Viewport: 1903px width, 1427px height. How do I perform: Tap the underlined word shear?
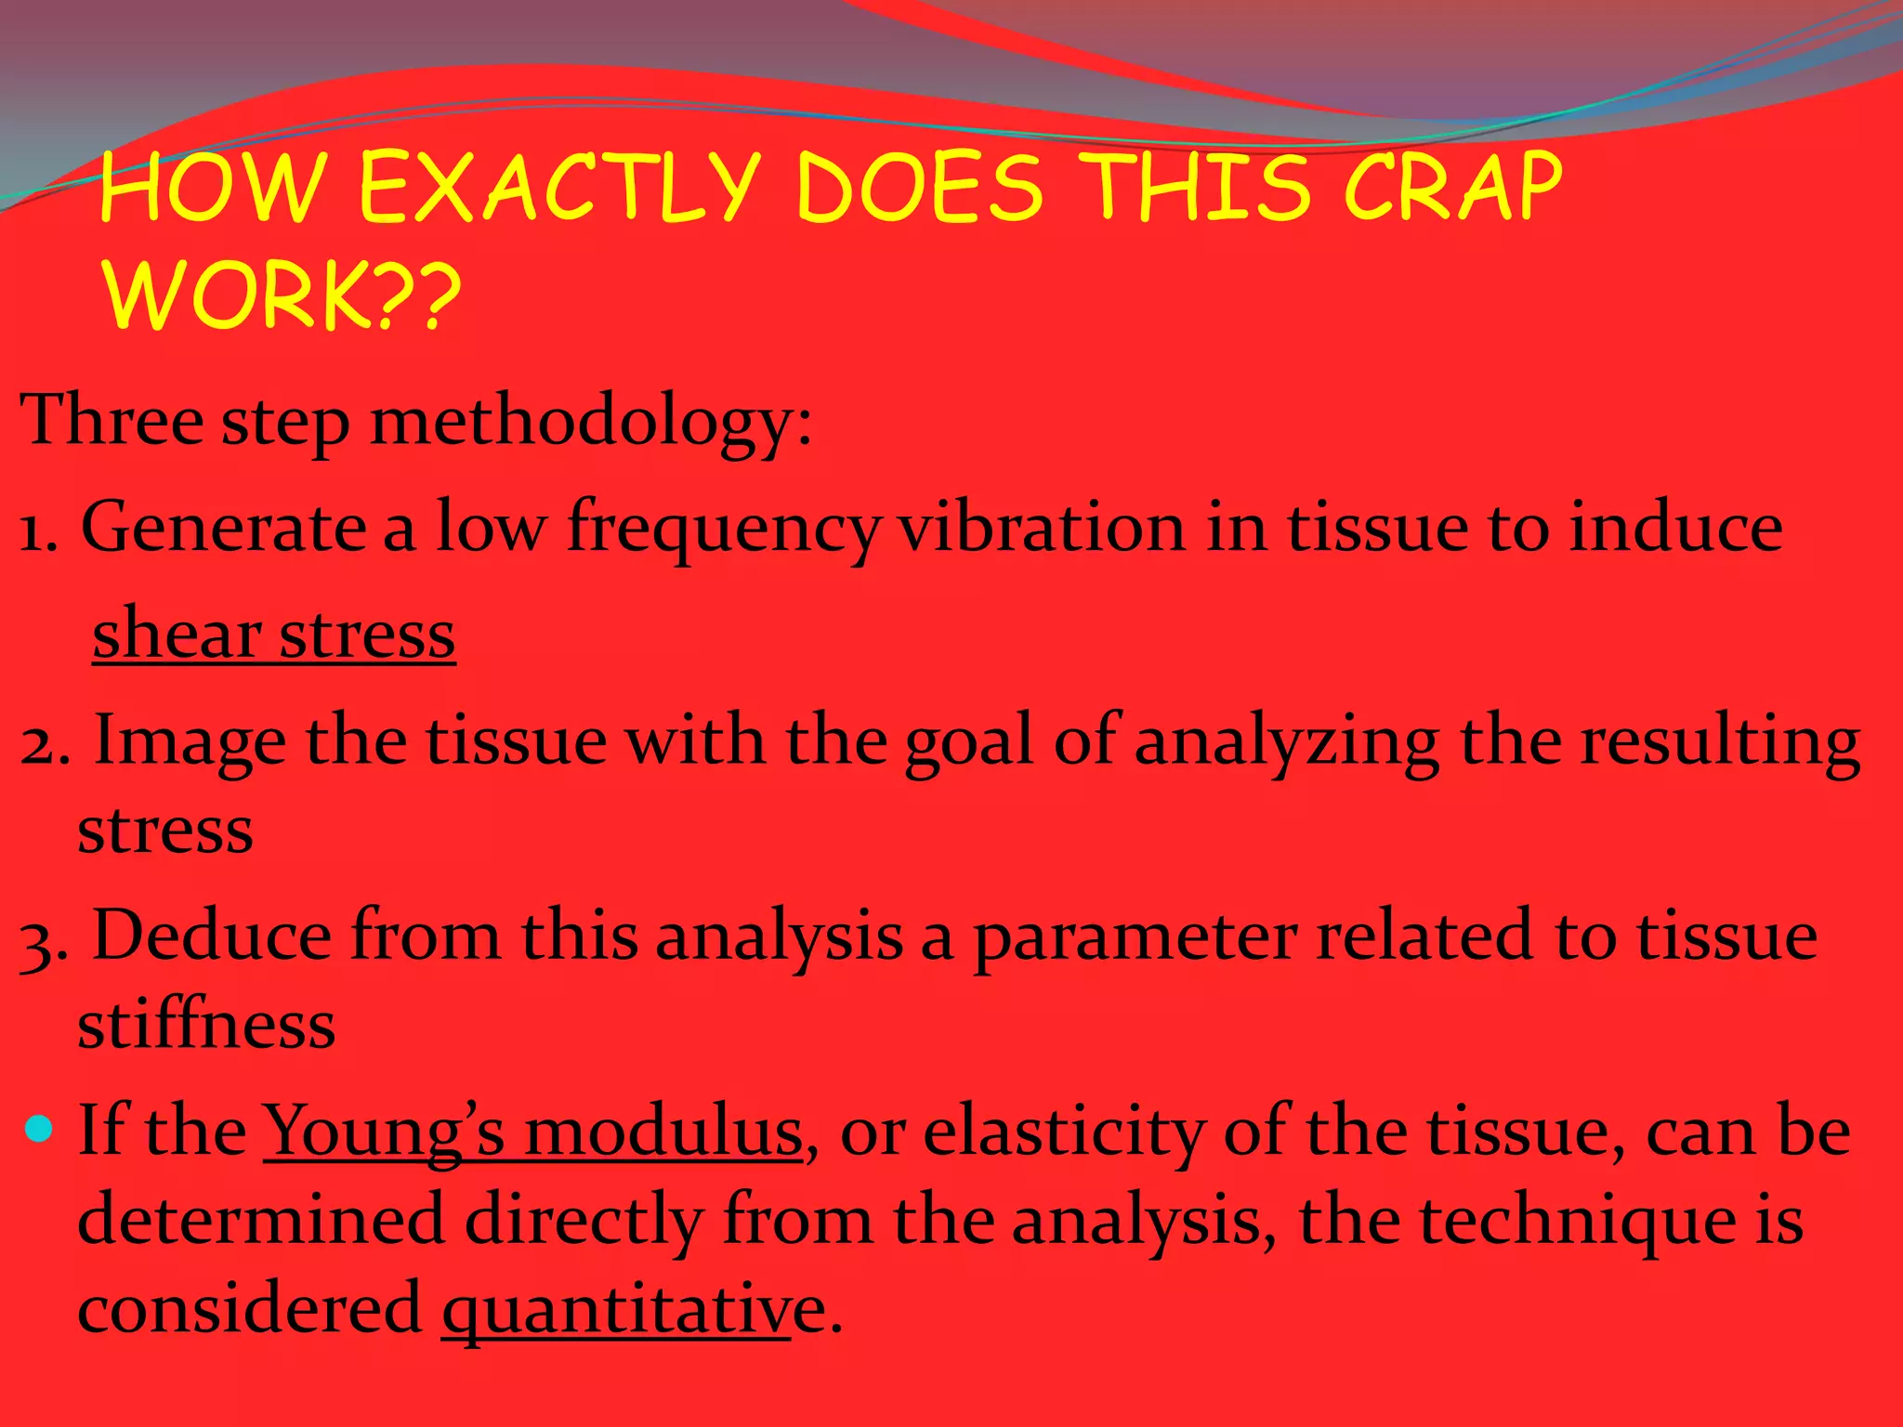click(x=177, y=635)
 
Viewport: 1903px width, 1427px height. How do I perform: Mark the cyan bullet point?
click(x=39, y=1129)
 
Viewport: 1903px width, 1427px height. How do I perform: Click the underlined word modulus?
click(x=663, y=1132)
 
